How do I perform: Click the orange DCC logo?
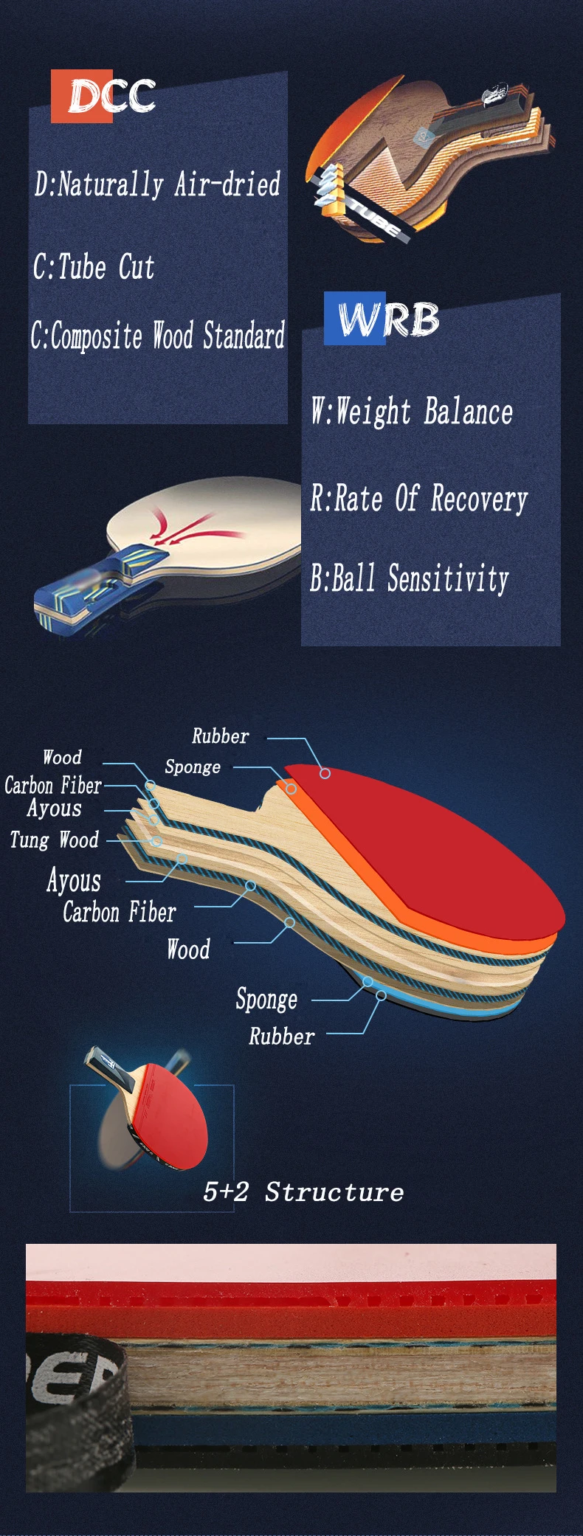(103, 96)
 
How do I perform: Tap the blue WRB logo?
(382, 319)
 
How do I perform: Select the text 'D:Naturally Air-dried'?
(157, 184)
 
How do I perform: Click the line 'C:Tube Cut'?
(94, 266)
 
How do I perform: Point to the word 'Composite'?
(96, 336)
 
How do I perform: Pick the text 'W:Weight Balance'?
(412, 411)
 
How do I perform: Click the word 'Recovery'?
(480, 499)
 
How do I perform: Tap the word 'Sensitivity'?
(449, 578)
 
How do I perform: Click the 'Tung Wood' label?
(55, 840)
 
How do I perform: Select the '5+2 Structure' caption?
(303, 1191)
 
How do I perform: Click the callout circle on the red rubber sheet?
(325, 773)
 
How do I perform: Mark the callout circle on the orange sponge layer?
(291, 789)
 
